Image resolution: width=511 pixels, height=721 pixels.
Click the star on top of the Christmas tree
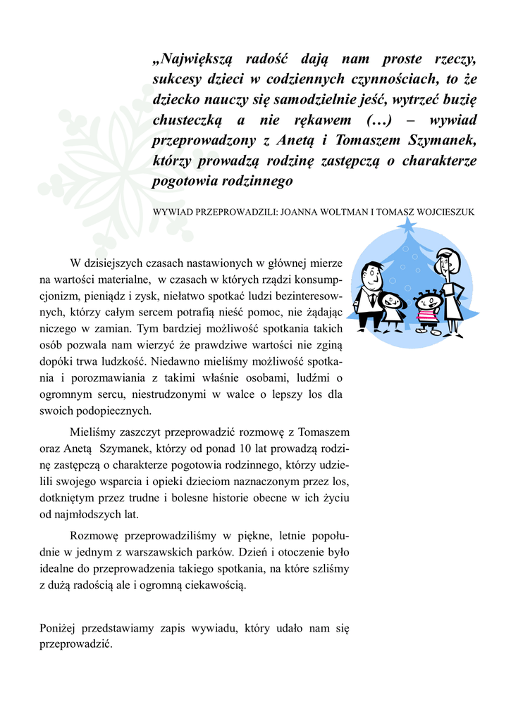(x=407, y=227)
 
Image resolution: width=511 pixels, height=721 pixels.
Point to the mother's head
(x=445, y=262)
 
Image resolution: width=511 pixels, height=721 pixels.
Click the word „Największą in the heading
(x=192, y=59)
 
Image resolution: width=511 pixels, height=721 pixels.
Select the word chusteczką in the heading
(x=188, y=120)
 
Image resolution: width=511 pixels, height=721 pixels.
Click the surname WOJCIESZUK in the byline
(x=441, y=211)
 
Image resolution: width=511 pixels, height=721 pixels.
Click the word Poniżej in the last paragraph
(x=58, y=628)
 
